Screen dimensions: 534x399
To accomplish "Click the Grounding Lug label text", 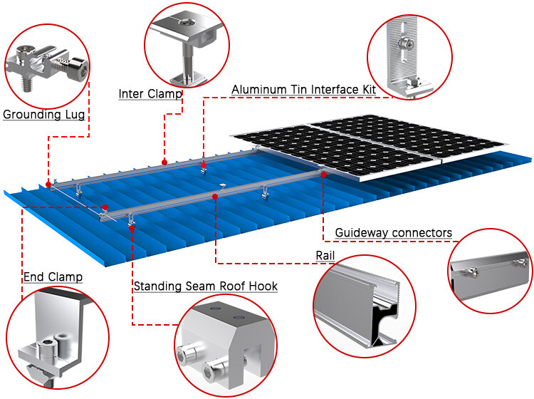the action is [x=44, y=115].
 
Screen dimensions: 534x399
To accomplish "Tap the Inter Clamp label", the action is [x=150, y=94].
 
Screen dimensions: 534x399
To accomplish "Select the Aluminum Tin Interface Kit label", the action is [x=303, y=90].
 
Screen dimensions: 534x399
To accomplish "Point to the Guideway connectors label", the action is [x=393, y=233].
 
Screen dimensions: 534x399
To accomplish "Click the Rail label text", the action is [x=325, y=256].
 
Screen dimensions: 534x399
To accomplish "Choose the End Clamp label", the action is [x=53, y=277].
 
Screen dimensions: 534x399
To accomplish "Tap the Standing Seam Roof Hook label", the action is [x=205, y=286].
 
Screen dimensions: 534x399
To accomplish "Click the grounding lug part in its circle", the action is [x=48, y=66].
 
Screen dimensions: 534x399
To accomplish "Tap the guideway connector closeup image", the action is [x=491, y=273].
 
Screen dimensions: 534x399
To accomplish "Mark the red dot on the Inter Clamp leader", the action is [x=164, y=162].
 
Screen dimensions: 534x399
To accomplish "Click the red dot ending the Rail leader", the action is [x=215, y=197].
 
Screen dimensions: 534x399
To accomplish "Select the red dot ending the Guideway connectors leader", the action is [x=324, y=175].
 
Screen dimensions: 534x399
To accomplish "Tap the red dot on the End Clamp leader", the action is [x=105, y=207].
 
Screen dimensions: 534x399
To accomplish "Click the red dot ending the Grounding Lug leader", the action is [x=48, y=185].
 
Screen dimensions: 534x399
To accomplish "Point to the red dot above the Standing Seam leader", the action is [x=132, y=227].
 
